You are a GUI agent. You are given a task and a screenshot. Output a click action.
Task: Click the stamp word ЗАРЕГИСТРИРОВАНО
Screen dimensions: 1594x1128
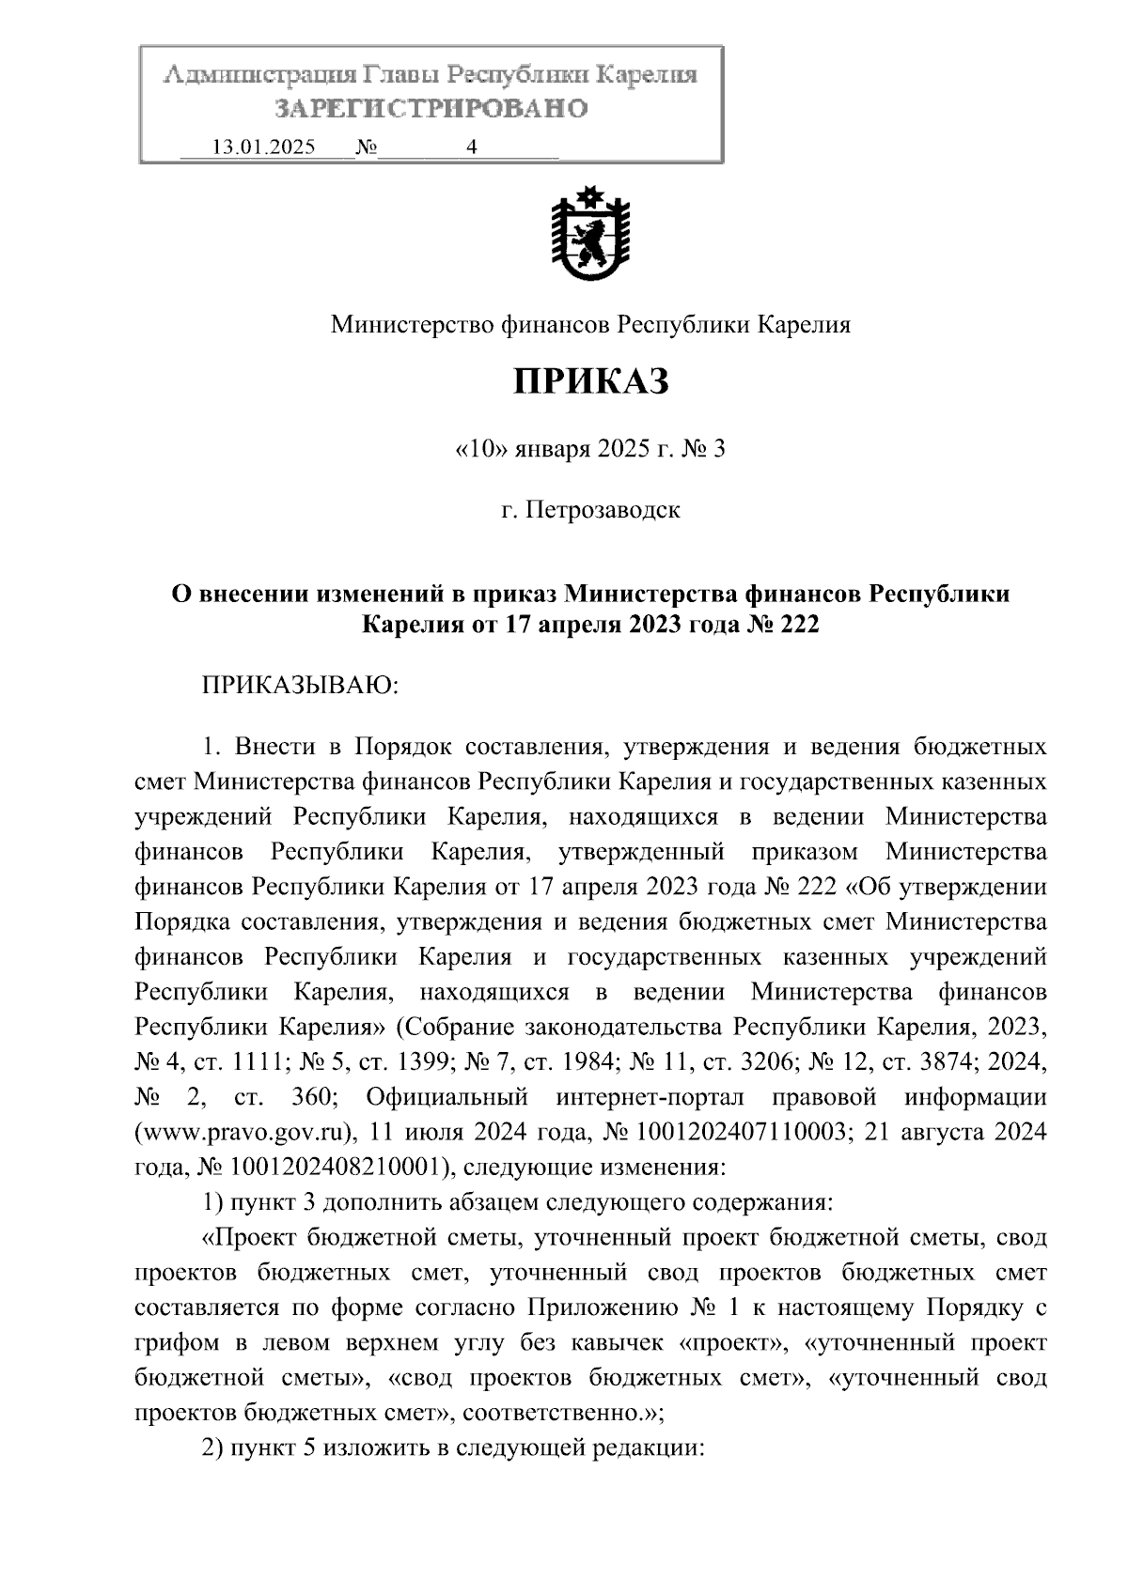(x=431, y=109)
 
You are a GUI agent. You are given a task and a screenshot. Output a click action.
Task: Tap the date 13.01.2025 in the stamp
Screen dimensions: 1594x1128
(x=264, y=147)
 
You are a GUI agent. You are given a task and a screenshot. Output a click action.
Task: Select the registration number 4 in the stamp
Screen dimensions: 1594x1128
(x=471, y=147)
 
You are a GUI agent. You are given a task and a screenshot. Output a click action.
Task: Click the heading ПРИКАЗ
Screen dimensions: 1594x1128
(x=590, y=382)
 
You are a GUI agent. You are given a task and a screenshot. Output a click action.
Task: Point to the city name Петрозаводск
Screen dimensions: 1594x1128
(x=603, y=511)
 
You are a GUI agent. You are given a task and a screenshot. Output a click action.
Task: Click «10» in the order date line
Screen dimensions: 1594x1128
(x=481, y=450)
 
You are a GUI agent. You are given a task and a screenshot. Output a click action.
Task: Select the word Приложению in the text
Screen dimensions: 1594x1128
(x=602, y=1308)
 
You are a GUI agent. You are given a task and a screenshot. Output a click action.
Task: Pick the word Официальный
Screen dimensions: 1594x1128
(x=446, y=1097)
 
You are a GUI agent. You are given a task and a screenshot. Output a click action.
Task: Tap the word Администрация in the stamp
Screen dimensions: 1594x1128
(x=248, y=75)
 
